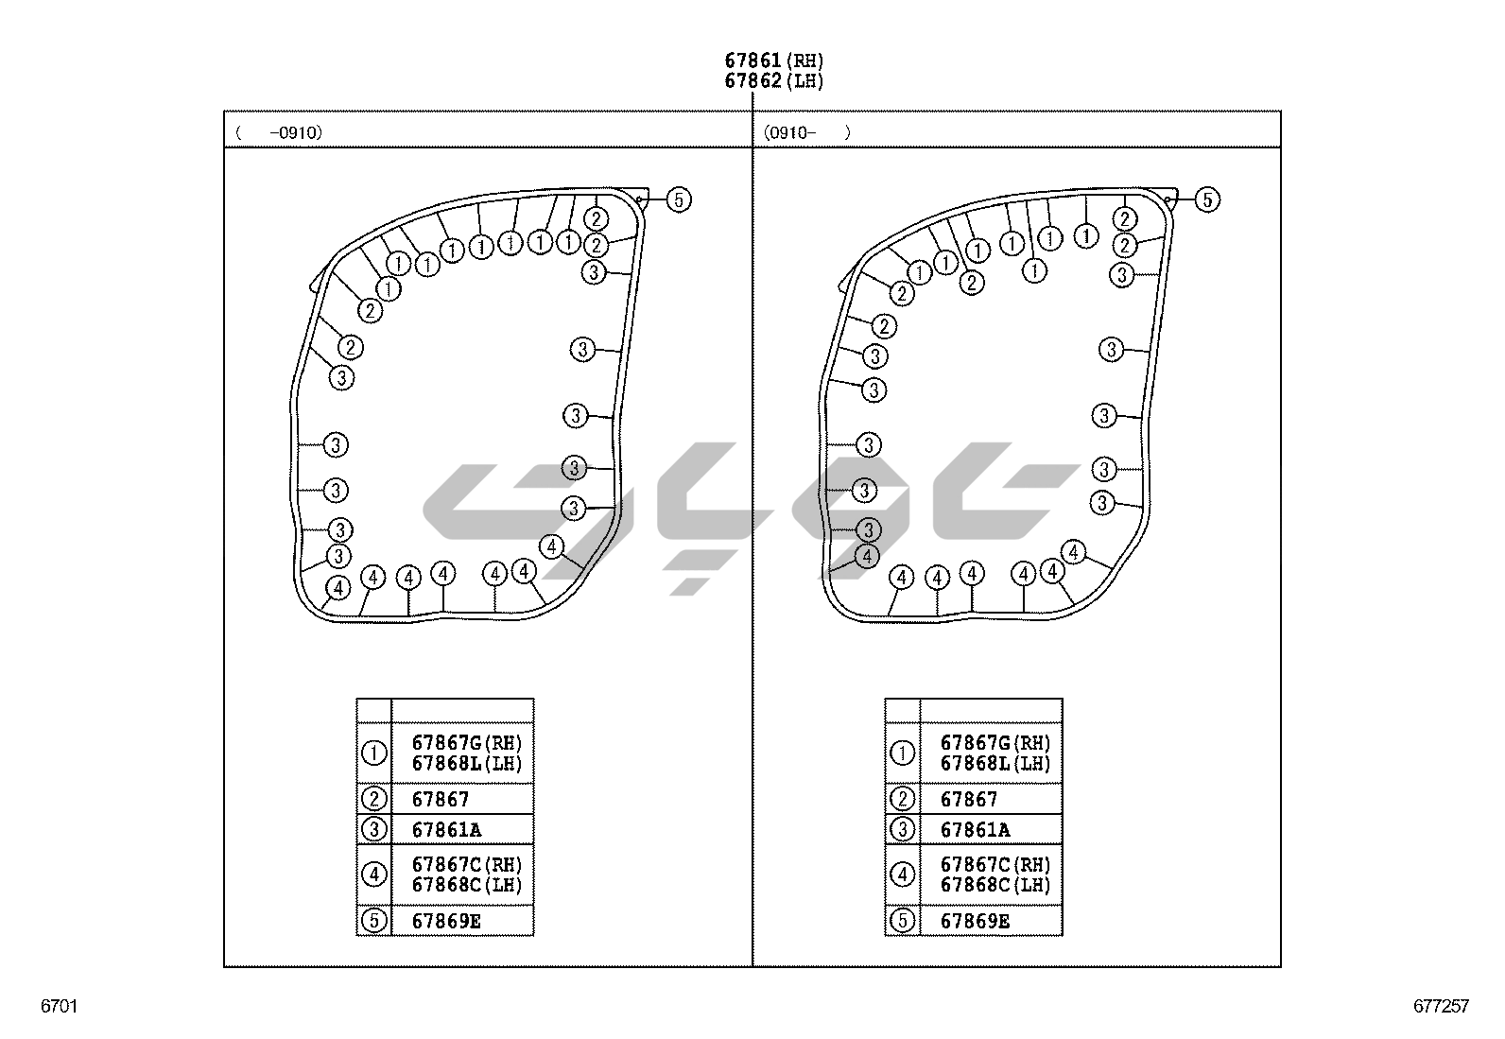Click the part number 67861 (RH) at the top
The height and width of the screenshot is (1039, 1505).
(x=774, y=61)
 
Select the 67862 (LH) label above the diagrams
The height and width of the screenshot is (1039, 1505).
(x=774, y=80)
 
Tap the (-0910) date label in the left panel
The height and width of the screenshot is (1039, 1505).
(x=280, y=132)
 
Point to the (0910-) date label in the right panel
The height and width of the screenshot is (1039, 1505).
(x=807, y=132)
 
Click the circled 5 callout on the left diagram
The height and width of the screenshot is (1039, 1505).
(x=679, y=199)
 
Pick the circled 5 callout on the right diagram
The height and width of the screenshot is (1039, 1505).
(x=1207, y=199)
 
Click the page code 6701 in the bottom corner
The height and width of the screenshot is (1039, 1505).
(x=60, y=1006)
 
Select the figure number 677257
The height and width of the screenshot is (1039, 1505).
(x=1441, y=1006)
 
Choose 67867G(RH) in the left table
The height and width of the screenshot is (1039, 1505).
(x=467, y=743)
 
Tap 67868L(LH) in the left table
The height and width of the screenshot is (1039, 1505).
(x=467, y=764)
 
